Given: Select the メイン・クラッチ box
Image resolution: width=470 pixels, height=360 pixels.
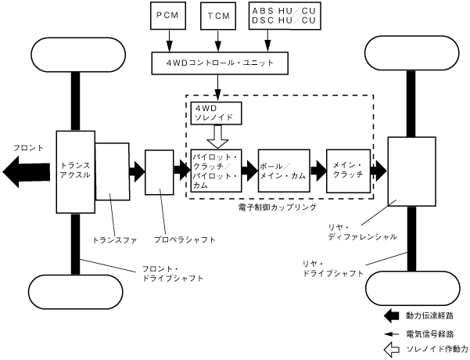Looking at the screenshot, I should click(348, 170).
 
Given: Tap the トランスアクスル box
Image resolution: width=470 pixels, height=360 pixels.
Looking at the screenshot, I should click(74, 171).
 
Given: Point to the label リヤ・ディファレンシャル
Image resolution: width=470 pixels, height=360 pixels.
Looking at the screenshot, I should click(362, 230).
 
